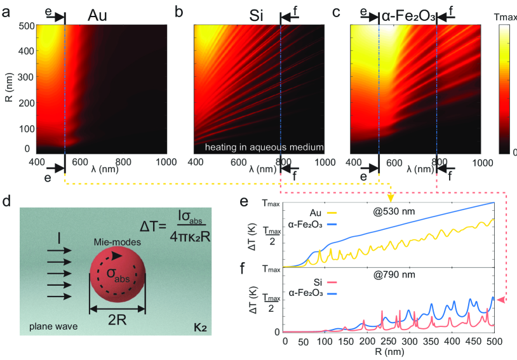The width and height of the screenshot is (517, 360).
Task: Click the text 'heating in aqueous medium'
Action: pos(264,147)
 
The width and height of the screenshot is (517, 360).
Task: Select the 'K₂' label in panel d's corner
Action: pos(198,330)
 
